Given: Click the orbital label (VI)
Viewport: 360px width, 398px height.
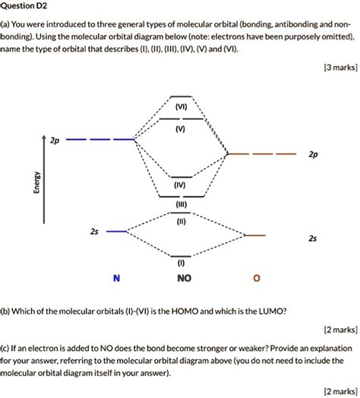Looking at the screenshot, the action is (180, 108).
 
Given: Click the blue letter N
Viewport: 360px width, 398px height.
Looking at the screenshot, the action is (115, 279).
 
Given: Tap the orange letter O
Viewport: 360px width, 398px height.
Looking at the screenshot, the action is (256, 279).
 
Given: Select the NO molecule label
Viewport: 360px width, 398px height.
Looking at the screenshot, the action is (183, 279).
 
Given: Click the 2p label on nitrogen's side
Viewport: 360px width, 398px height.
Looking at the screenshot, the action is (54, 141).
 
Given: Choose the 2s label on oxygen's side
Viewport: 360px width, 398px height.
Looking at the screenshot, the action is (313, 238).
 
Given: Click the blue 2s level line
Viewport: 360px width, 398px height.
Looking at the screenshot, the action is (117, 230).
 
